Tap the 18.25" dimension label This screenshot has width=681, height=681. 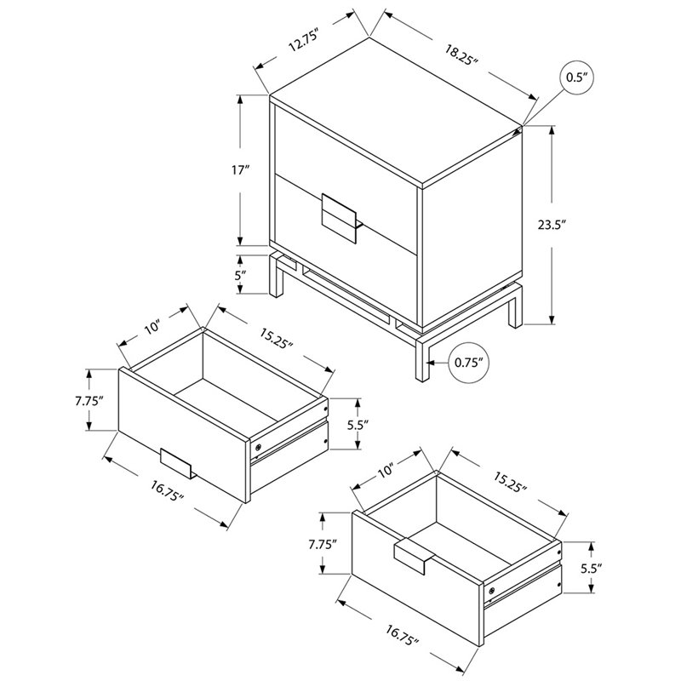pyautogui.click(x=461, y=54)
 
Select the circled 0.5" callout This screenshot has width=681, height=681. pyautogui.click(x=576, y=77)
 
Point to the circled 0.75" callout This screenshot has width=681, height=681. pyautogui.click(x=469, y=363)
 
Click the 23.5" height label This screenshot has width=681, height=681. pyautogui.click(x=552, y=225)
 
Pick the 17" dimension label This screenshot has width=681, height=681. pyautogui.click(x=239, y=169)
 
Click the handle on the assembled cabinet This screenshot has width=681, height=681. pyautogui.click(x=340, y=217)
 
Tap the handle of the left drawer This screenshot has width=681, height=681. pyautogui.click(x=176, y=463)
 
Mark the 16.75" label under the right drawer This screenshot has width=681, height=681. pyautogui.click(x=402, y=635)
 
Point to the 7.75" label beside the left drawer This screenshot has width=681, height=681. pyautogui.click(x=89, y=400)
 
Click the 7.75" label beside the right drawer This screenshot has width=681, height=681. pyautogui.click(x=323, y=544)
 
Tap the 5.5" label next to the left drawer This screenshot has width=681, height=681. pyautogui.click(x=358, y=424)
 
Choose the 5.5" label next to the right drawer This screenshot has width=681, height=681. pyautogui.click(x=592, y=567)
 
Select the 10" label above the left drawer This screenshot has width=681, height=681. pyautogui.click(x=152, y=327)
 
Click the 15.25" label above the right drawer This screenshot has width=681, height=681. pyautogui.click(x=510, y=482)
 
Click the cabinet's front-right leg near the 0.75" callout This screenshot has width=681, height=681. pyautogui.click(x=421, y=358)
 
